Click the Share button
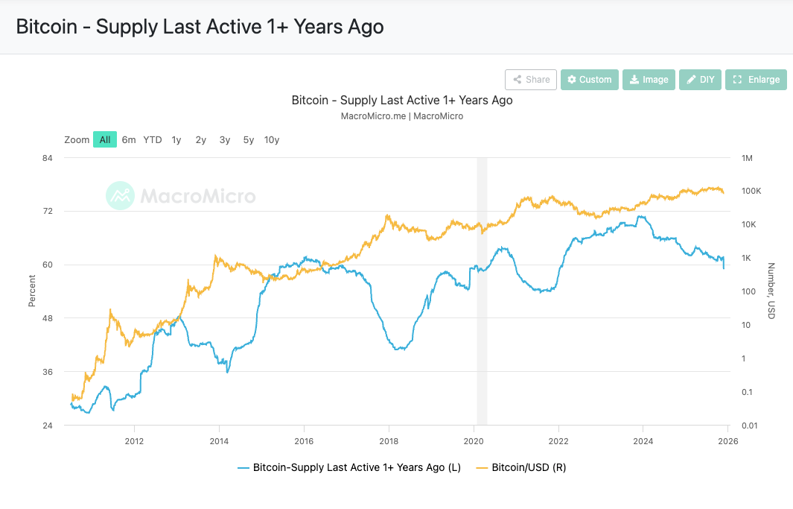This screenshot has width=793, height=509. click(530, 80)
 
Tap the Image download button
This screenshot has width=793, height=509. click(648, 80)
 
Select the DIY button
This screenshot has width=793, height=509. click(700, 80)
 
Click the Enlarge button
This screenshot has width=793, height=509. click(756, 80)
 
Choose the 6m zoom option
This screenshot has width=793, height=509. click(129, 139)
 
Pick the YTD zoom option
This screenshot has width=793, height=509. click(153, 139)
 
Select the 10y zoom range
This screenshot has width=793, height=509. click(272, 139)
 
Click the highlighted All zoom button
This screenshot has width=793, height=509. click(105, 139)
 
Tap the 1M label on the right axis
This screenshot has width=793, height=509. click(748, 158)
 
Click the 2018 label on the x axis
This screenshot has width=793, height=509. click(389, 440)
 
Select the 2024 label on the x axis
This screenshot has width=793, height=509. click(643, 440)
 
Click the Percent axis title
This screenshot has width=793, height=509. click(32, 291)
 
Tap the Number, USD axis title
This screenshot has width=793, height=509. click(771, 291)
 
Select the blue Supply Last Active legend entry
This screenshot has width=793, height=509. click(350, 467)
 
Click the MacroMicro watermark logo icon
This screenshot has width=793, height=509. click(120, 196)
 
